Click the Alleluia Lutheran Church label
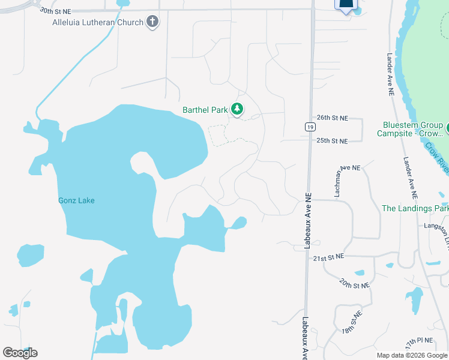[x=98, y=22]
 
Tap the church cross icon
[x=152, y=22]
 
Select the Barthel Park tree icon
[x=238, y=109]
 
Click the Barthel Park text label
[x=205, y=110]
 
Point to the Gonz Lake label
[x=76, y=200]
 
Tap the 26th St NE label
[x=332, y=118]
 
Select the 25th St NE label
[x=332, y=140]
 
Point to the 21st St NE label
[x=328, y=257]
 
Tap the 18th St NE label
[x=352, y=322]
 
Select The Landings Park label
[x=415, y=208]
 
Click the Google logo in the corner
[x=20, y=352]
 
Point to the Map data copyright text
[x=412, y=355]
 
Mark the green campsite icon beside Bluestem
[x=447, y=127]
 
